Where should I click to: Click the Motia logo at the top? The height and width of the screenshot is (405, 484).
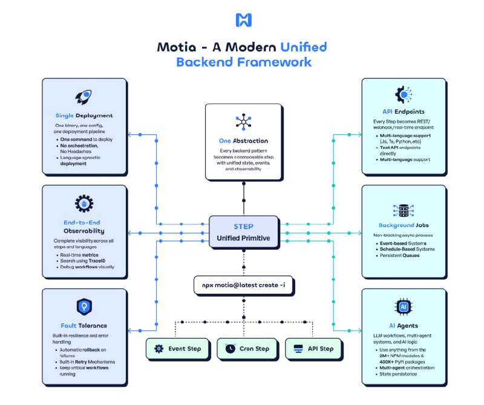[243, 20]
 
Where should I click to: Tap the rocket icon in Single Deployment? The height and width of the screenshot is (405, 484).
[83, 97]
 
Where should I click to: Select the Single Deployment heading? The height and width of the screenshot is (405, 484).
[84, 115]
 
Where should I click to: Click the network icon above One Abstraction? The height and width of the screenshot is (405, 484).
[243, 121]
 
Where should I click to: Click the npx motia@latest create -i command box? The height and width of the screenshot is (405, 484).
[244, 284]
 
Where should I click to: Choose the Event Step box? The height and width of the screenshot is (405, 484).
[178, 349]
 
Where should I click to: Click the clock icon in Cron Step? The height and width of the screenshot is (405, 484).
[231, 349]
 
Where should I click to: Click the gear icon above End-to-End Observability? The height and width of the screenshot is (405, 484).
[83, 204]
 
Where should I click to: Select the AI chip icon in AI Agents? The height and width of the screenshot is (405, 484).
[402, 307]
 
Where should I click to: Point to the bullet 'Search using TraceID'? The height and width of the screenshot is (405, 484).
[87, 261]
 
